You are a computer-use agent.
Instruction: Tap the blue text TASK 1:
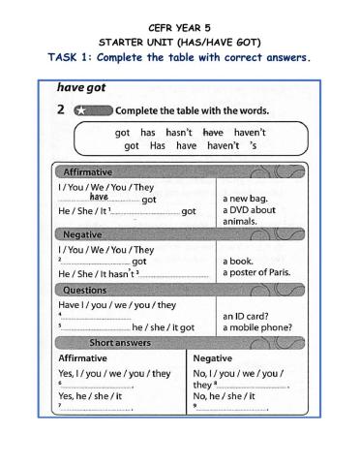pos(75,57)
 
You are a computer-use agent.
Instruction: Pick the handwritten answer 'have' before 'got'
pos(99,197)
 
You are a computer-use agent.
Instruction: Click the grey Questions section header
pos(85,291)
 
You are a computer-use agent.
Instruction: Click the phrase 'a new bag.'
pos(245,199)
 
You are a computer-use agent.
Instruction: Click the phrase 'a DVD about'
pos(249,210)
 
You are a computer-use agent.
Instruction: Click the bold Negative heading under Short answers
pos(212,358)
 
